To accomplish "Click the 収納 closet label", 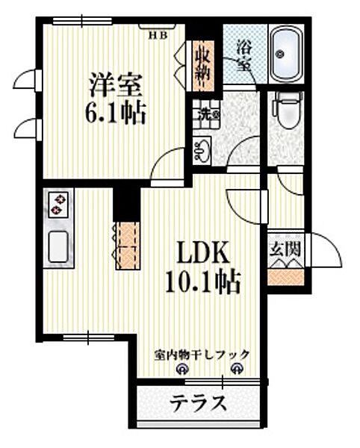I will point(202,64).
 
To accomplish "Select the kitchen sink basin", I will point(59,246).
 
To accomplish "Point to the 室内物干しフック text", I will point(202,355).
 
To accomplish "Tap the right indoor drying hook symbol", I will point(238,367).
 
